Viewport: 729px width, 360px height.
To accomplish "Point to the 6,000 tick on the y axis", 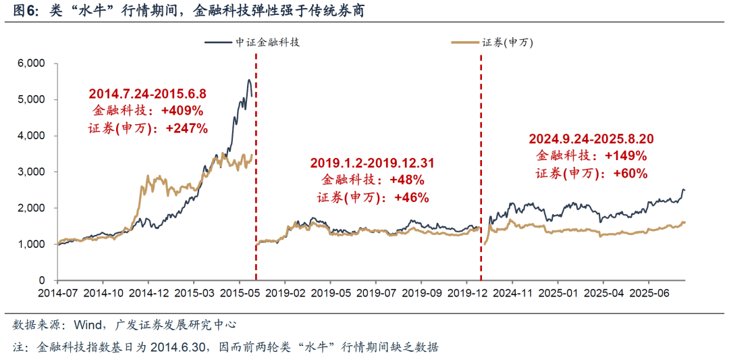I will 30,63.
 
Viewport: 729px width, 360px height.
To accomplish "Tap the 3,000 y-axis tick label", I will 30,172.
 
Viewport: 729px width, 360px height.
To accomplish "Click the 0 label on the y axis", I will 41,280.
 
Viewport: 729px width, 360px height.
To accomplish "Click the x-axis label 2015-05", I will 239,294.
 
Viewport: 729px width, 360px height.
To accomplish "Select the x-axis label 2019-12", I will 467,294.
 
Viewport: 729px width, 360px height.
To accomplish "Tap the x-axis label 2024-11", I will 512,294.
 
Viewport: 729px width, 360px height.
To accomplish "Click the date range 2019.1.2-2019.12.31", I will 372,163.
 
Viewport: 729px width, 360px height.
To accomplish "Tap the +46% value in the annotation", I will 411,197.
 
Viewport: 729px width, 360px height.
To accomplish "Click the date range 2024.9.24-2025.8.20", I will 591,138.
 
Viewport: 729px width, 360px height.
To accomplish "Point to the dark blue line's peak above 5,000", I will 249,80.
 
